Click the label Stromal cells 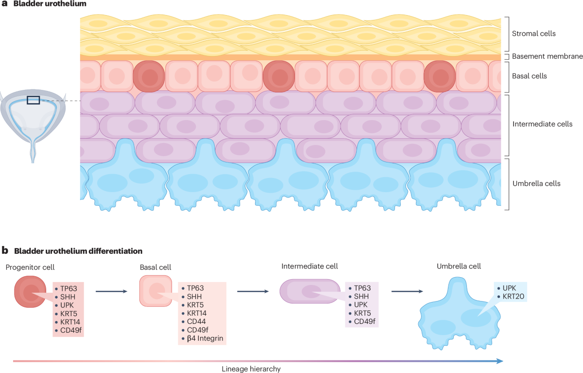click(x=533, y=34)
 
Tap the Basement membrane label click(x=541, y=57)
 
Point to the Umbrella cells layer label click(x=536, y=183)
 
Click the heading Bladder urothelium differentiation click(x=78, y=251)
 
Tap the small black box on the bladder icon click(x=33, y=100)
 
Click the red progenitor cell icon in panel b click(x=31, y=292)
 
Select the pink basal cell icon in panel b click(x=156, y=291)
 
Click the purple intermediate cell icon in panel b click(x=309, y=291)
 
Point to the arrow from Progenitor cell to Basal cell click(x=111, y=292)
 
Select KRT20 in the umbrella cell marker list click(x=512, y=296)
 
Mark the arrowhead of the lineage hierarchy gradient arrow click(x=499, y=361)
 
